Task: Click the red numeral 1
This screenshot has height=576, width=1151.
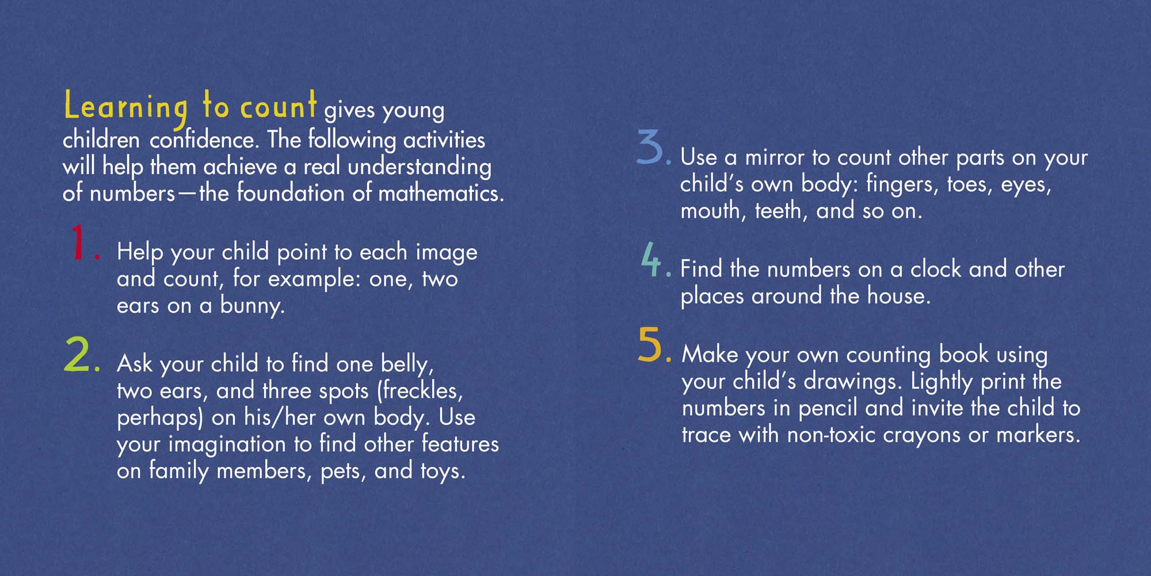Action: click(x=79, y=242)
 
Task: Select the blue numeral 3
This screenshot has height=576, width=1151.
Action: click(x=650, y=147)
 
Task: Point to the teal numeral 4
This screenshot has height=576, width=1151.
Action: click(x=651, y=259)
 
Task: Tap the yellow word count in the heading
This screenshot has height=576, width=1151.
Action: click(x=278, y=106)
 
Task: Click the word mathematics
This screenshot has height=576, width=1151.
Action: click(x=440, y=193)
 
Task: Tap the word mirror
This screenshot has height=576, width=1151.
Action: click(x=774, y=157)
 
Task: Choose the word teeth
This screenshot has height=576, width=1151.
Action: click(x=777, y=211)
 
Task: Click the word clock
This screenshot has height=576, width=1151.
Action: click(x=936, y=269)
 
